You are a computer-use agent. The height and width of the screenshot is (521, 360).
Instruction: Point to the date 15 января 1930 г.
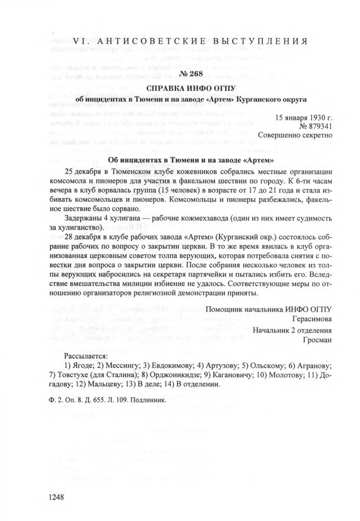(x=303, y=117)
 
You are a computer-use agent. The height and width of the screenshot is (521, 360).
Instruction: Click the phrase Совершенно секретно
(x=295, y=136)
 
